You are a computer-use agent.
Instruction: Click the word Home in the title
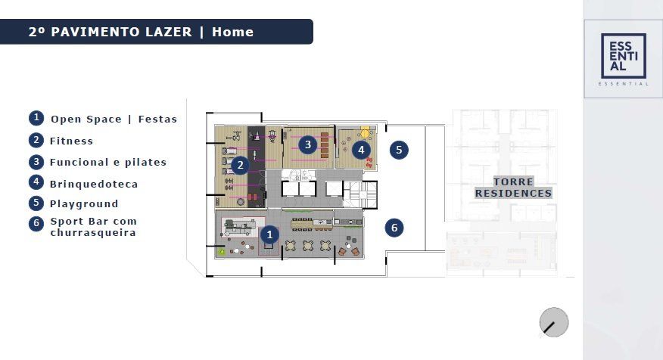(232, 32)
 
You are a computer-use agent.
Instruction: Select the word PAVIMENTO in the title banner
(121, 32)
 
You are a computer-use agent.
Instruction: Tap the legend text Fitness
(71, 141)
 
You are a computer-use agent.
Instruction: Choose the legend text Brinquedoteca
(94, 184)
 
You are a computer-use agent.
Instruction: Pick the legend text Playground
(84, 203)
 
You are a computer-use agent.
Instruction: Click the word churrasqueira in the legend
(93, 232)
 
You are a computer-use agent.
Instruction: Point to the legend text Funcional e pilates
(108, 163)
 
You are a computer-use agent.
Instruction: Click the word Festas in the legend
(157, 119)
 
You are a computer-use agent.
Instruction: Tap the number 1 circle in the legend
(36, 118)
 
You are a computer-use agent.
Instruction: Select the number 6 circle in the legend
(36, 224)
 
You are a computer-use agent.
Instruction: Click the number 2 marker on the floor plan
(240, 165)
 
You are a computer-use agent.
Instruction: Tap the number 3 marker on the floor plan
(308, 144)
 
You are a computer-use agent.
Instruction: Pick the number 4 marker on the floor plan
(361, 150)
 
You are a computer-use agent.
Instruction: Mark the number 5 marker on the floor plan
(399, 150)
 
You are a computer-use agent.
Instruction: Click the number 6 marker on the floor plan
(394, 228)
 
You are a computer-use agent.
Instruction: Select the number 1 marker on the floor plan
(269, 234)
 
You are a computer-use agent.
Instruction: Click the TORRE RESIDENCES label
(513, 187)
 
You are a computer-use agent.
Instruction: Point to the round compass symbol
(554, 322)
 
